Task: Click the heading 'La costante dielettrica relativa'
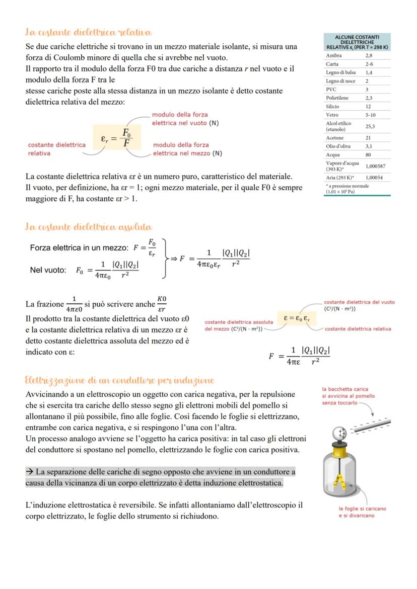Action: point(89,33)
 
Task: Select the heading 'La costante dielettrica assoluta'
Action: point(89,227)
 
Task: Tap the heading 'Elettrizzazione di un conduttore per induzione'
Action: point(120,380)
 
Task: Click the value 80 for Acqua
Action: point(369,155)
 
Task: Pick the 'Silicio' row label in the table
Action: point(332,107)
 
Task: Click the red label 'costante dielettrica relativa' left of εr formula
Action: point(56,149)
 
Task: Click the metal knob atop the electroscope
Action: point(340,433)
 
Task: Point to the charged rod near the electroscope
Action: point(371,425)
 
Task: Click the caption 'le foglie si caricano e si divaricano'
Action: point(362,512)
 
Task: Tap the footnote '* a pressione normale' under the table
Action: point(347,189)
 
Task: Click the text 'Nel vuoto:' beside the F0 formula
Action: point(48,270)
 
